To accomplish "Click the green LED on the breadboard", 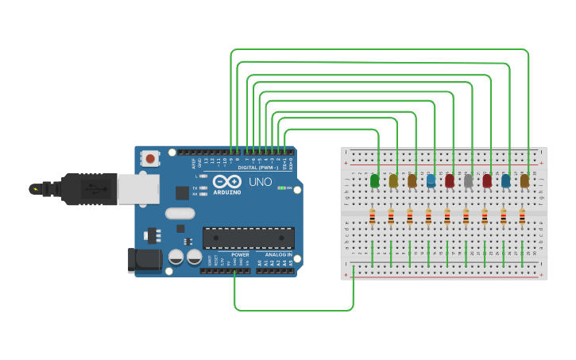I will [374, 181].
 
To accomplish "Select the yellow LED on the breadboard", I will [393, 181].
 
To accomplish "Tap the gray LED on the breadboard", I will [468, 181].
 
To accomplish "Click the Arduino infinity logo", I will [227, 181].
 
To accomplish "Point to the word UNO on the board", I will [261, 182].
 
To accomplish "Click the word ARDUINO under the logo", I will [227, 192].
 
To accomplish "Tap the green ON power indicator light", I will [280, 188].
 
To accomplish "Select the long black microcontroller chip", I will [248, 238].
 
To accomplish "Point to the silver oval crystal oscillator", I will [180, 213].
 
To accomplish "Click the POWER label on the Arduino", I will [240, 255].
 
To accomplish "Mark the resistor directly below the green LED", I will [372, 216].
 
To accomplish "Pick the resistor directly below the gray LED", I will [466, 216].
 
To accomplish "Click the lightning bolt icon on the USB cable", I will [35, 189].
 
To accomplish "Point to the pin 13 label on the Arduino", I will [206, 161].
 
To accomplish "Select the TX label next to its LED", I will [195, 188].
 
